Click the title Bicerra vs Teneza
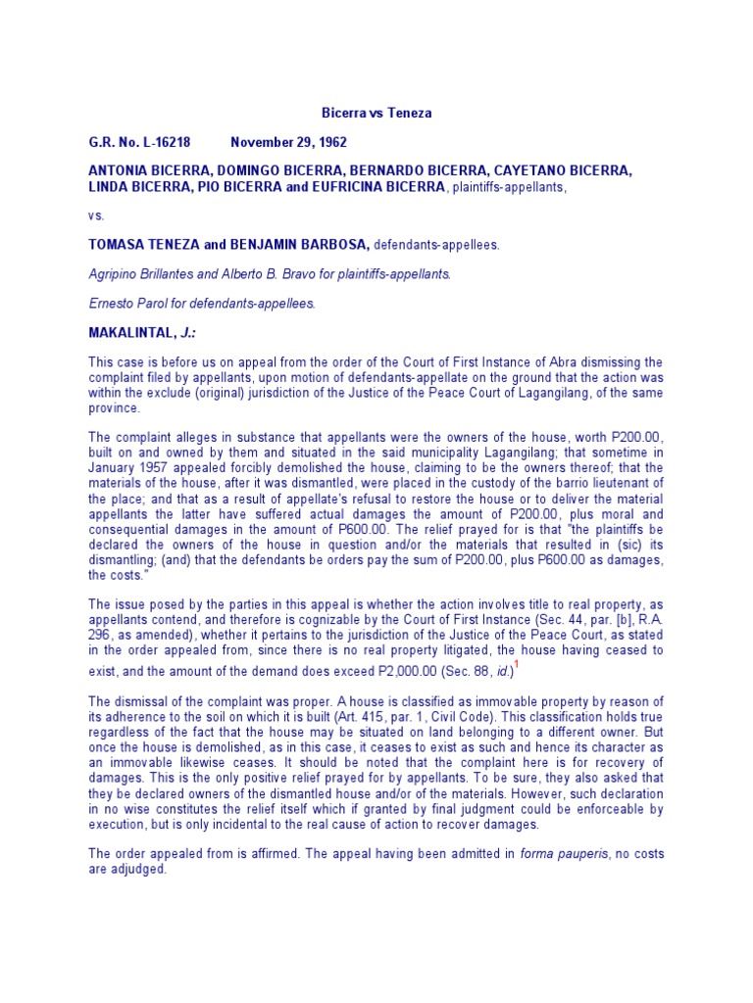(x=376, y=114)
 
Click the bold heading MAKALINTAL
(x=134, y=333)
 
